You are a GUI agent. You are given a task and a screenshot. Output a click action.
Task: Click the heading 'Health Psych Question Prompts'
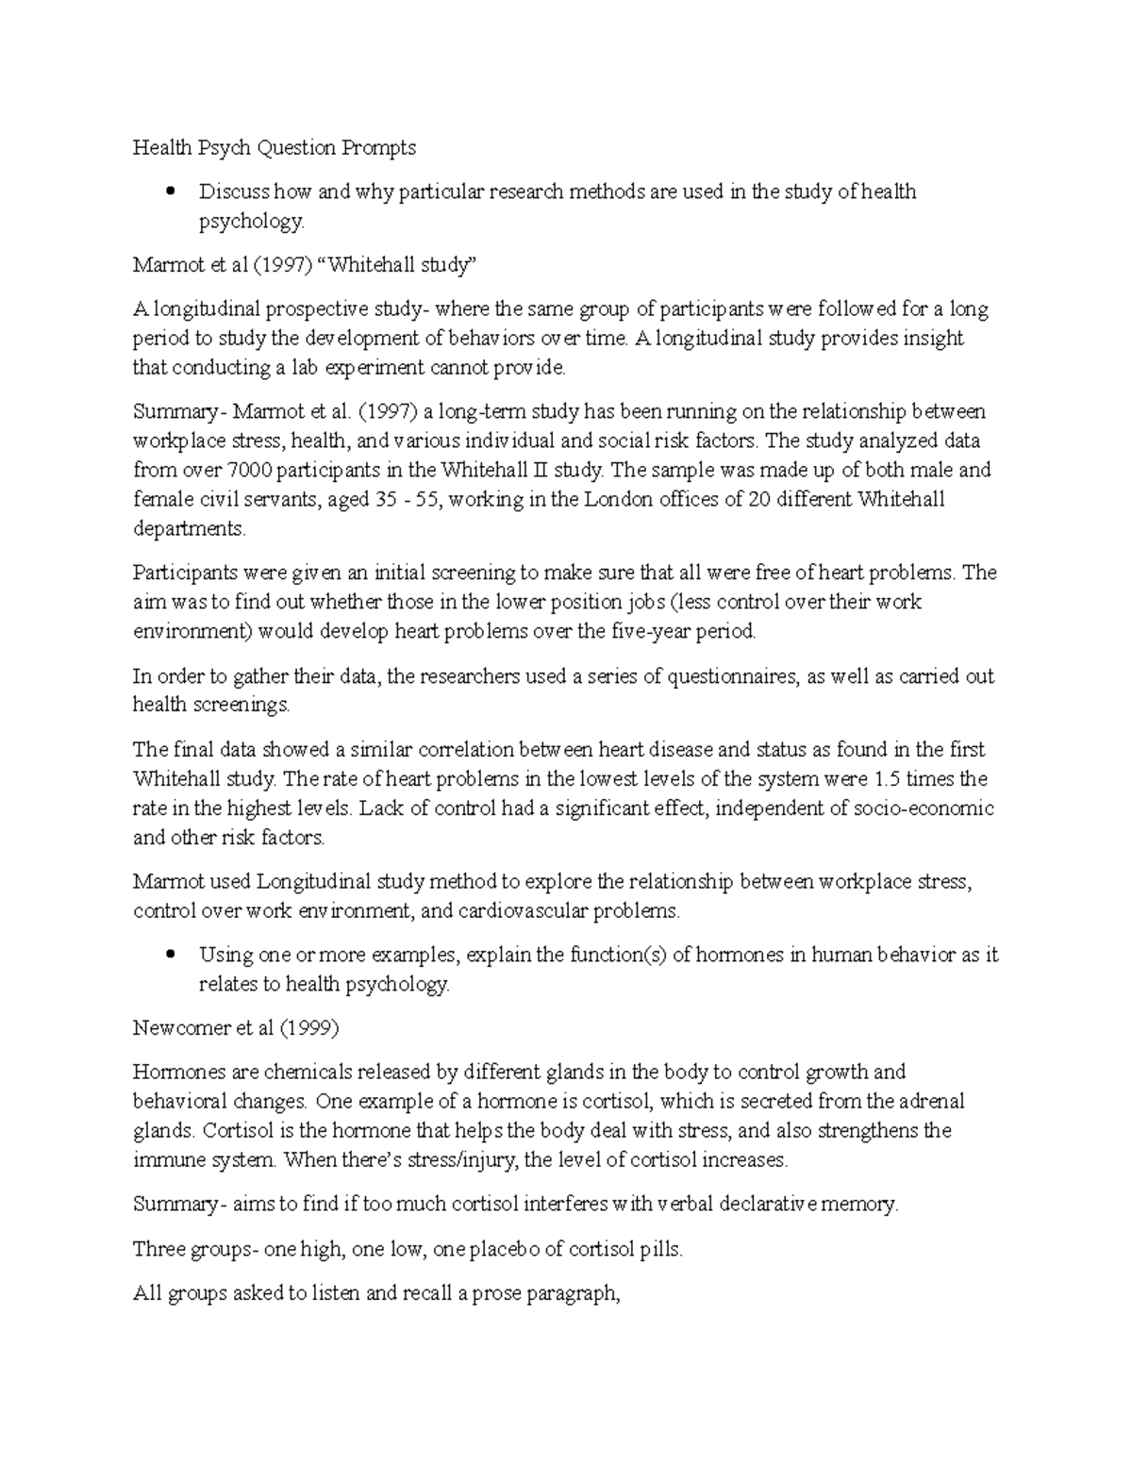point(274,148)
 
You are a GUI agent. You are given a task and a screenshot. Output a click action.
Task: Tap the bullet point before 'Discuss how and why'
point(171,192)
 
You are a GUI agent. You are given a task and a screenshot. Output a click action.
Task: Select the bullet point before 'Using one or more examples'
point(171,955)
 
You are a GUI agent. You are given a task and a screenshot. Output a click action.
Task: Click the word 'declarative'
point(784,1205)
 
